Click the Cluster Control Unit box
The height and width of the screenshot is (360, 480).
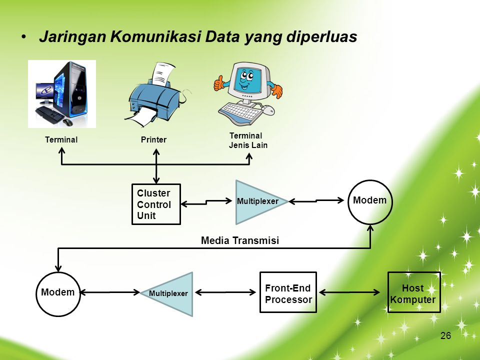pos(156,204)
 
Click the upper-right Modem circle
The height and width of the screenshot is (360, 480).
pos(370,201)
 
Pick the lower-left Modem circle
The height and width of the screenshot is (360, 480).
pos(58,293)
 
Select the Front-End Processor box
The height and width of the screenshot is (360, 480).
pos(288,293)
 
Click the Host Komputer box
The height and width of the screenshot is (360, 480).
pos(414,293)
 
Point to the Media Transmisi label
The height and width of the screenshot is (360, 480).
pos(239,240)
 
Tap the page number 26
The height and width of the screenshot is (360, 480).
pos(446,335)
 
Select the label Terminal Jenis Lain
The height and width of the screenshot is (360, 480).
pos(248,140)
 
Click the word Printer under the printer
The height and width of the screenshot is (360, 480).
pos(153,139)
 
